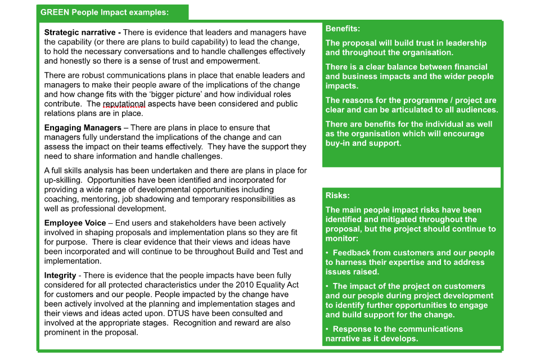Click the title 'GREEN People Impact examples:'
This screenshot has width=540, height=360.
coord(104,12)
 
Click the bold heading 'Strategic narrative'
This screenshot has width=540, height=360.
coord(82,33)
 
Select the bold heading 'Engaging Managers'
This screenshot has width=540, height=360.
coord(83,128)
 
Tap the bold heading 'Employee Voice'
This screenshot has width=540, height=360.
coord(75,223)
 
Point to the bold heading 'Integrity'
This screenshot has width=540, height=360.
coord(60,276)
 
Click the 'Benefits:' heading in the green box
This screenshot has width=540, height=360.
coord(343,29)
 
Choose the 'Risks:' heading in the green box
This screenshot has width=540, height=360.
coord(337,196)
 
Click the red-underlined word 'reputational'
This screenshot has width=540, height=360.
coord(124,103)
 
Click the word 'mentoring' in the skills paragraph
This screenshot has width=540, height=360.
coord(97,199)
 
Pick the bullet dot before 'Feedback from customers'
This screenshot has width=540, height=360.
coord(327,253)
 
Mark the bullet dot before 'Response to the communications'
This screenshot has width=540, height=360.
coord(327,329)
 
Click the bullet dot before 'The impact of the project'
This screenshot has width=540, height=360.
coord(327,286)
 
